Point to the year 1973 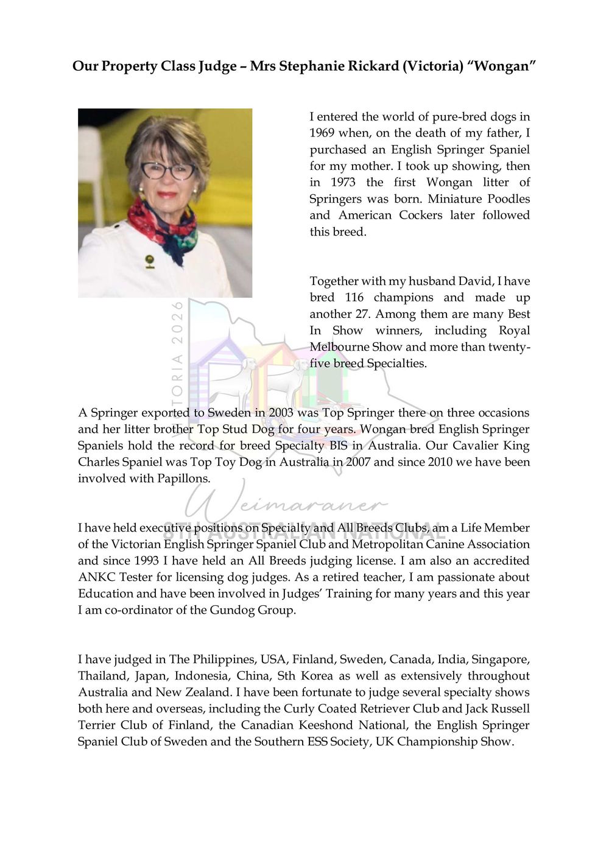[343, 182]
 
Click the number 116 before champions [354, 297]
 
